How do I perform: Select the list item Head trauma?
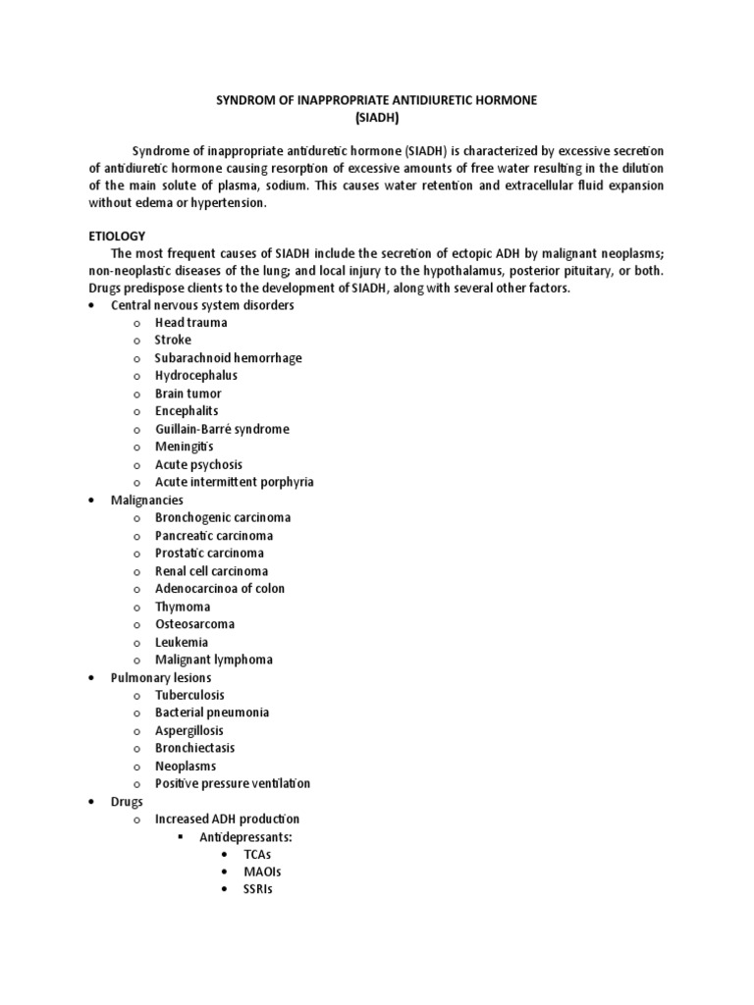point(190,322)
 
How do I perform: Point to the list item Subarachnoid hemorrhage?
point(228,358)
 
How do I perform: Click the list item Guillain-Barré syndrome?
point(222,429)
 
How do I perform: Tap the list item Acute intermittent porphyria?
point(234,482)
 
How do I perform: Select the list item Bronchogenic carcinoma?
point(223,517)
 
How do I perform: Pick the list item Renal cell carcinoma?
point(211,571)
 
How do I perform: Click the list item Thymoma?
point(183,607)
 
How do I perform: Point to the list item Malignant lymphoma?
point(214,660)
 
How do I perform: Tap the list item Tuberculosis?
point(190,695)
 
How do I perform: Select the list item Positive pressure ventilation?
point(233,783)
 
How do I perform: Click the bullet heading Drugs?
point(129,801)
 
